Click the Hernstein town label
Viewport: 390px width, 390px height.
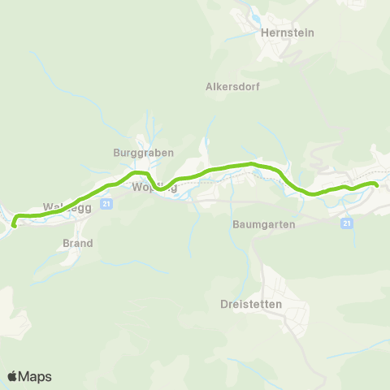pos(287,32)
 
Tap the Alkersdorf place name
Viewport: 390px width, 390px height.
pos(232,87)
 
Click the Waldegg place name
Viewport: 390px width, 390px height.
pos(63,206)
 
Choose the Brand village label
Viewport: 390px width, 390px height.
pos(78,243)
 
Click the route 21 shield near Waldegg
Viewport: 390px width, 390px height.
pos(106,205)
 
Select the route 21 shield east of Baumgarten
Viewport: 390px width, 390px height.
pos(347,223)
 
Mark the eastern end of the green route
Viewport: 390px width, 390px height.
pos(377,185)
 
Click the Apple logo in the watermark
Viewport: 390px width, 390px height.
pos(13,376)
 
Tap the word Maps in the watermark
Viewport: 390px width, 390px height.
pos(35,376)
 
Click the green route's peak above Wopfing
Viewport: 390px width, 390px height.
pos(141,172)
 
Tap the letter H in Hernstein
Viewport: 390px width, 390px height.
pos(264,32)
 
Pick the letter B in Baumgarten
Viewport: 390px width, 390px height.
pos(236,223)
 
